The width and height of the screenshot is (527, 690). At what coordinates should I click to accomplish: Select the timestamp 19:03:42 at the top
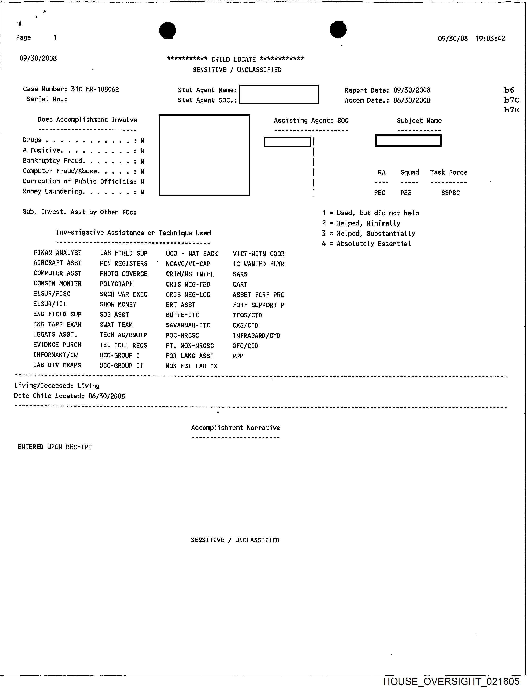[x=490, y=39]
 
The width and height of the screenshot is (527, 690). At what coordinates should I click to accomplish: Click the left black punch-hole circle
[x=168, y=30]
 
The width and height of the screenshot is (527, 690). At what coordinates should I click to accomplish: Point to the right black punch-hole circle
[x=338, y=30]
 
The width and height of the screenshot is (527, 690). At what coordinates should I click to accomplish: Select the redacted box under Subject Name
[x=408, y=140]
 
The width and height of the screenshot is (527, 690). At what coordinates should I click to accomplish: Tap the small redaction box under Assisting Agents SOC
[x=287, y=142]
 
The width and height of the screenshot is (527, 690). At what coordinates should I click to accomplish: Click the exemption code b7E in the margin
[x=511, y=110]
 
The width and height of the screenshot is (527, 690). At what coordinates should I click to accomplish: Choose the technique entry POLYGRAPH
[x=116, y=284]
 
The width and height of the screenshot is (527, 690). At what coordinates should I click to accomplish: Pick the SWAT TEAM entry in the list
[x=116, y=325]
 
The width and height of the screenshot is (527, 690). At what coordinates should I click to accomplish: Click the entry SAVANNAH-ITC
[x=188, y=325]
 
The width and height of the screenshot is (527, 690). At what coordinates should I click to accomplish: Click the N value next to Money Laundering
[x=142, y=192]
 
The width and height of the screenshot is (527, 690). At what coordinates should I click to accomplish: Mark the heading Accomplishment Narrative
[x=236, y=428]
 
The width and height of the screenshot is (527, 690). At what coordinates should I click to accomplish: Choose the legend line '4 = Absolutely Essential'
[x=366, y=244]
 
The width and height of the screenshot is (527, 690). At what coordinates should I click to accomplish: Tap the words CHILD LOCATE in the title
[x=233, y=59]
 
